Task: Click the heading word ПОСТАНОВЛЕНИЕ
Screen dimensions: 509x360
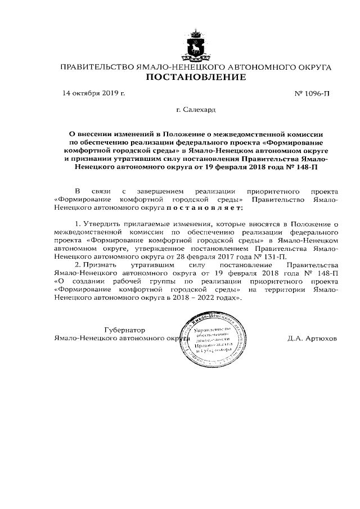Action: click(x=196, y=78)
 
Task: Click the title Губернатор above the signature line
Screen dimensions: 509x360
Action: click(x=124, y=330)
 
